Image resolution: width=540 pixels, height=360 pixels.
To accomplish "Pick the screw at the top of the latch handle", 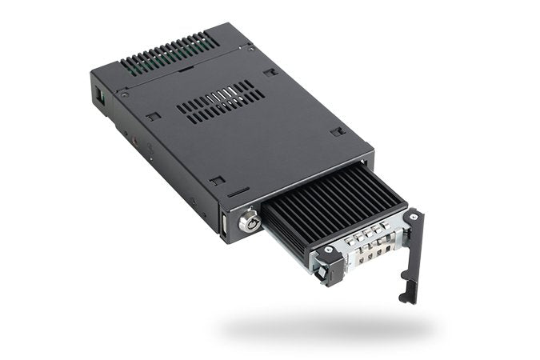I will tap(413, 217).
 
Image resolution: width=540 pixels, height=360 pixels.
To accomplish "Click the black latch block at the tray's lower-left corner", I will tap(330, 268).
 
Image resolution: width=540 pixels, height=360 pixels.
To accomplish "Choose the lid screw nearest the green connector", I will tap(125, 94).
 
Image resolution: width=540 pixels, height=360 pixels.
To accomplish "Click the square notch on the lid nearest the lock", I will tap(234, 193).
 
